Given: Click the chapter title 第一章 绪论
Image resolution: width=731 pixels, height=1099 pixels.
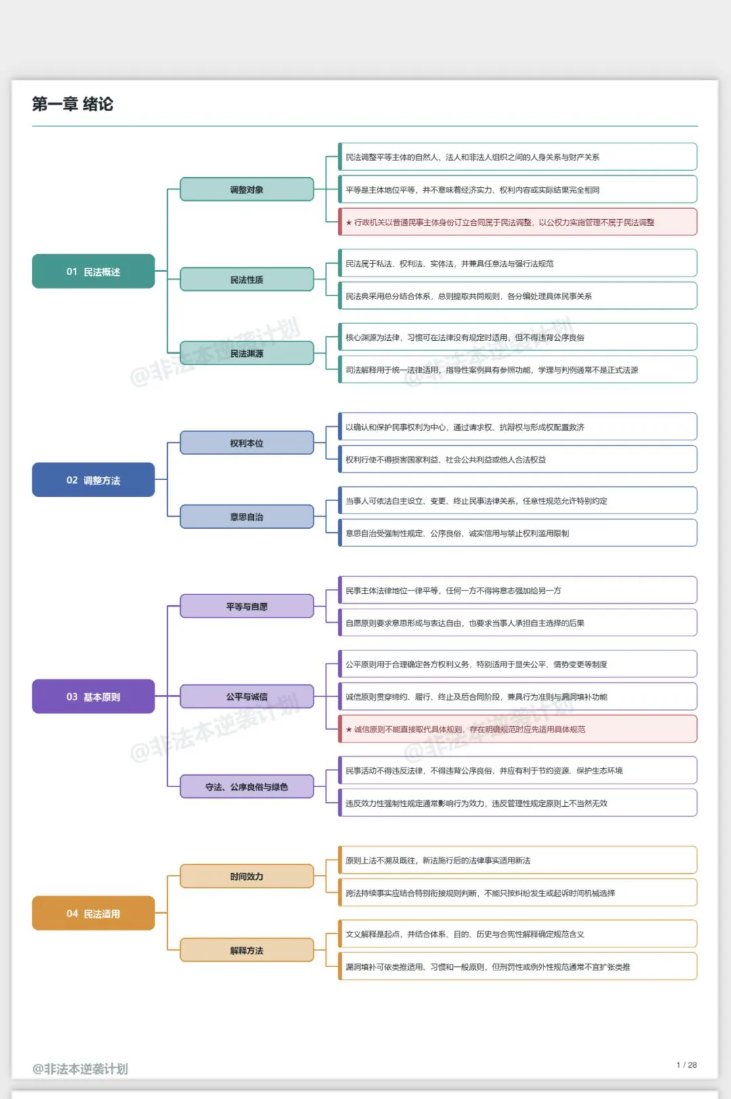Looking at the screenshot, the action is [72, 104].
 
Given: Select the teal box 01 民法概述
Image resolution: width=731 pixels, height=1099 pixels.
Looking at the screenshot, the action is [93, 271].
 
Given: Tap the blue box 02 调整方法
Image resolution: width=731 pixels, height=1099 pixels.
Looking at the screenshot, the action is [93, 480].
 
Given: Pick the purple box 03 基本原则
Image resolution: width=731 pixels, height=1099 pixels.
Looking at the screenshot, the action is [93, 696].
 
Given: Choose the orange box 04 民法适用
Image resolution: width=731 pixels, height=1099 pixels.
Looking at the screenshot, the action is [93, 913].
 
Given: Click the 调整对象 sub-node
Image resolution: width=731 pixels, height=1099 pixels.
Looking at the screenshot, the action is [247, 189].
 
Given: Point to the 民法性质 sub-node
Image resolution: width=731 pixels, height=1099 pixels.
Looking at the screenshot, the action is [247, 279].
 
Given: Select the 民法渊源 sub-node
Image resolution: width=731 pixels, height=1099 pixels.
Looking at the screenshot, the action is [247, 353].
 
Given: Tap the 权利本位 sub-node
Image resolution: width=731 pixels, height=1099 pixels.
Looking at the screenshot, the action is [247, 442].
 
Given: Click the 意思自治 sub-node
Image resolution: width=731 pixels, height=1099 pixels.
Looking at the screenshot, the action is [247, 517].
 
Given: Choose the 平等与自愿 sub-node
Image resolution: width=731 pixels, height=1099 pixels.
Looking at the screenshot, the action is [247, 607].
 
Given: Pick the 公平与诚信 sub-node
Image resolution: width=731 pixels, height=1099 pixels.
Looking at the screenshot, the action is [247, 696].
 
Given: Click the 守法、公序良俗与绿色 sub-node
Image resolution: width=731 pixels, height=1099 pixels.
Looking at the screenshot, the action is [247, 787].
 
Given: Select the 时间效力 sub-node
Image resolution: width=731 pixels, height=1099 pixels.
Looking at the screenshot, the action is [247, 876].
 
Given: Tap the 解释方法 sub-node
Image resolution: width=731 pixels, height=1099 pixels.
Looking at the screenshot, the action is [247, 950].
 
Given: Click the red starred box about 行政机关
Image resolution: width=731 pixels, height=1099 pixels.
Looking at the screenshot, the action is [517, 222].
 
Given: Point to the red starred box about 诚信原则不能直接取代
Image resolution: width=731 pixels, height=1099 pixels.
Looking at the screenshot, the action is [517, 729].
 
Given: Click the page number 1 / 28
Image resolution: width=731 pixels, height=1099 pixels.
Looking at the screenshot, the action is [686, 1065].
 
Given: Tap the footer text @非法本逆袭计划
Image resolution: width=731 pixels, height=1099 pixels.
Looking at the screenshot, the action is [80, 1069].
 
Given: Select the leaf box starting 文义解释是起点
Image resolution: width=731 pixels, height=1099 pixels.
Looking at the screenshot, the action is [517, 934].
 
